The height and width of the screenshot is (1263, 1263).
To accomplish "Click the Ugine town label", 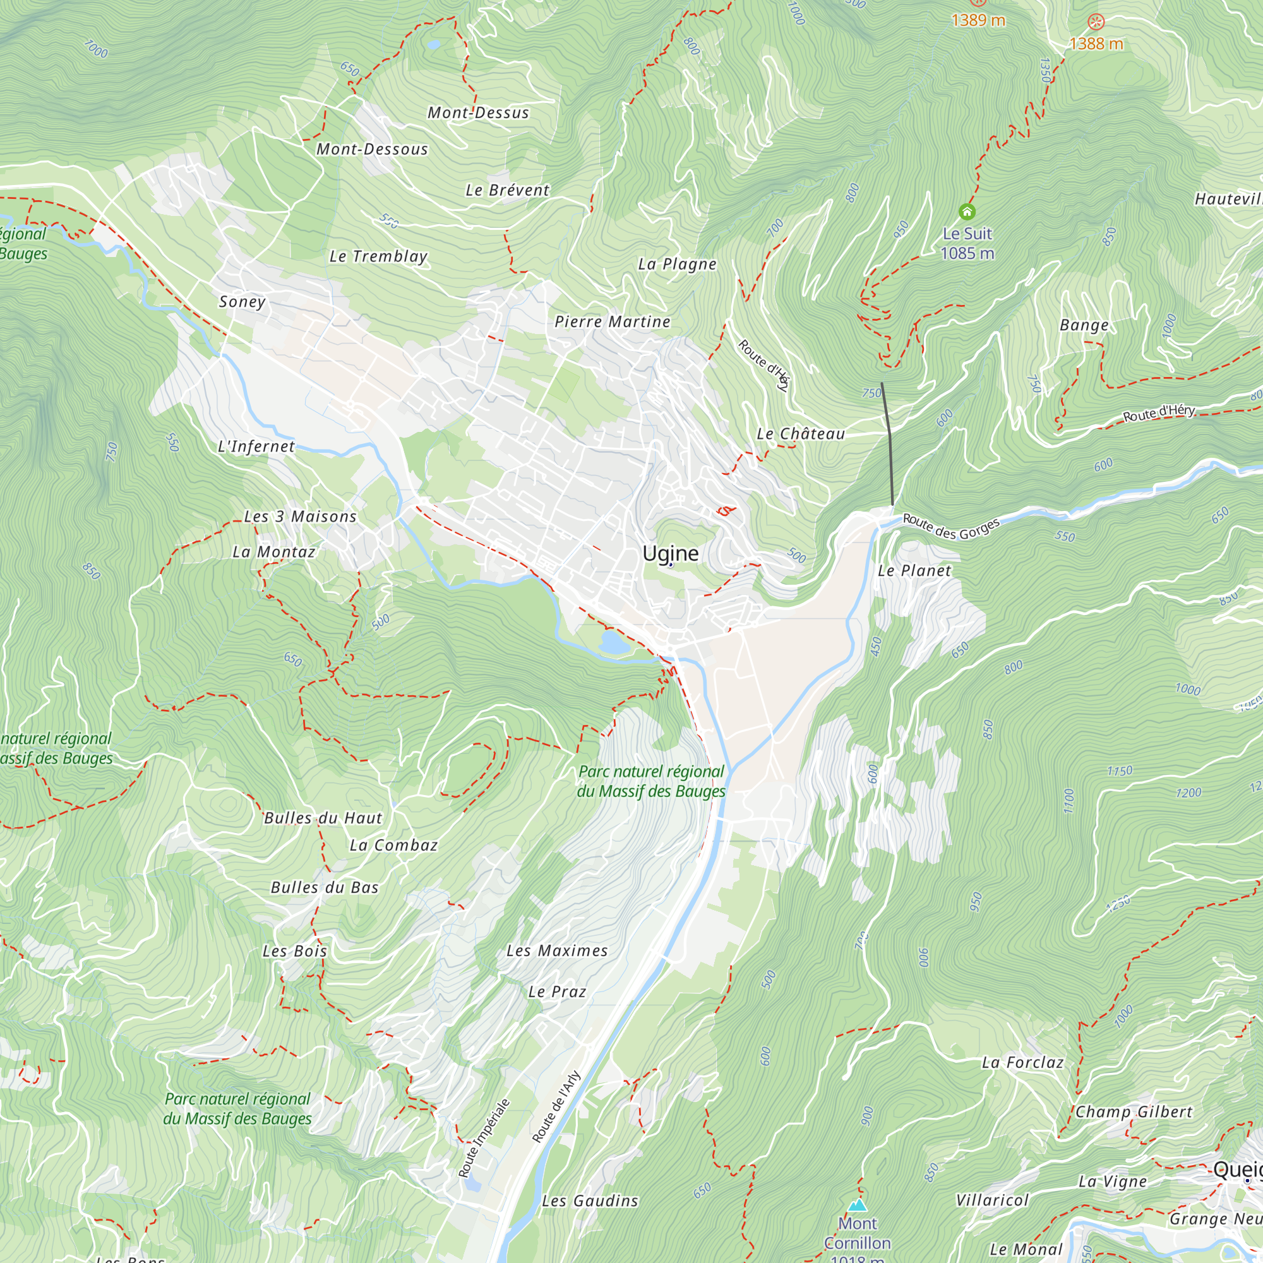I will pos(670,554).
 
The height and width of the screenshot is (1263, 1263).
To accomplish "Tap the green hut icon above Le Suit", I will pos(967,212).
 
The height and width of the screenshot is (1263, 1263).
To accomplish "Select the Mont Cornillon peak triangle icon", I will pos(857,1205).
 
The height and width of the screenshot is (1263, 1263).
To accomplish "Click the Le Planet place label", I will pos(914,571).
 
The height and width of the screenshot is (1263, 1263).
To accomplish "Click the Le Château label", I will pos(800,434).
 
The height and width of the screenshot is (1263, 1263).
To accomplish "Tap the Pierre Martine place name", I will pos(613,321).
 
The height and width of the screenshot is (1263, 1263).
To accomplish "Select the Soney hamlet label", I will pos(242,301).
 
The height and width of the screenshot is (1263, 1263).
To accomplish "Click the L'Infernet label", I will pos(256,446).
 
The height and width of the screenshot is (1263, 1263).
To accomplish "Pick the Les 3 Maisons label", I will pos(300,517).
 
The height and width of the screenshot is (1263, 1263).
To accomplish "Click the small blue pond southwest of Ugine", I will pos(614,643).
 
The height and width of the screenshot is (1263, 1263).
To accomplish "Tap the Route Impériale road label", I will pos(484,1138).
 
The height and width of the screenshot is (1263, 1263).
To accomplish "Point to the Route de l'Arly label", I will pos(556,1107).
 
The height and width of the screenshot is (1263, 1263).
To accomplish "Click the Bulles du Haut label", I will pos(323,818).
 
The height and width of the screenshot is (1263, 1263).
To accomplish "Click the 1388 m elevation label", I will pos(1096,44).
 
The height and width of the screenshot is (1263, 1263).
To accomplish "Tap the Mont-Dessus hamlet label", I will pos(478,112).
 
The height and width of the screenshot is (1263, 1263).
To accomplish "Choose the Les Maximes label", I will pos(557,950).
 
